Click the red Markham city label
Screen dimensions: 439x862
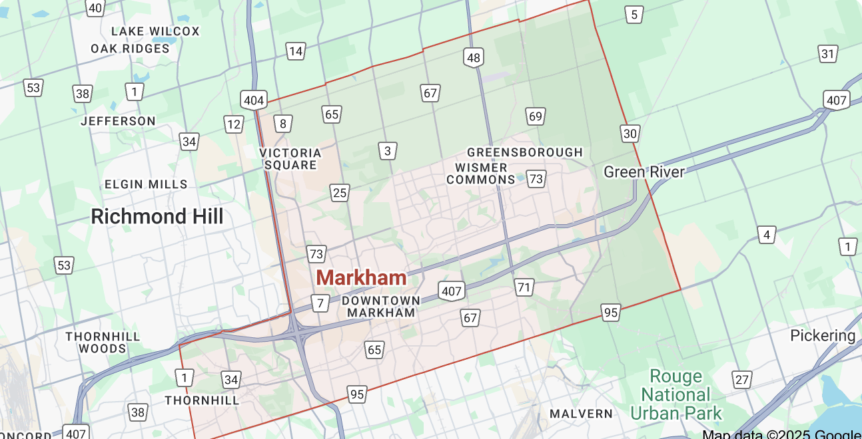pyautogui.click(x=361, y=277)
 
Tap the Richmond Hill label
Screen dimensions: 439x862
pyautogui.click(x=157, y=216)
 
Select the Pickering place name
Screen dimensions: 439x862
pyautogui.click(x=823, y=335)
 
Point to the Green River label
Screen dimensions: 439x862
pyautogui.click(x=644, y=172)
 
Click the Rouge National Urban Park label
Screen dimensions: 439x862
pyautogui.click(x=675, y=394)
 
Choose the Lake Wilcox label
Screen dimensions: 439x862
pyautogui.click(x=155, y=31)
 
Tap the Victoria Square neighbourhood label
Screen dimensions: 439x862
pyautogui.click(x=290, y=158)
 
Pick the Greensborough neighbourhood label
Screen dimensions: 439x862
pyautogui.click(x=525, y=152)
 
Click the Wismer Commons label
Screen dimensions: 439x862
pyautogui.click(x=480, y=173)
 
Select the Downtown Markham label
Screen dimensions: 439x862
pyautogui.click(x=381, y=306)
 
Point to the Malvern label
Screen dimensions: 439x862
pyautogui.click(x=581, y=414)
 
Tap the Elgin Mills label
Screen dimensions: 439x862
pyautogui.click(x=146, y=184)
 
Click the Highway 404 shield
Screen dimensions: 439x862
pyautogui.click(x=254, y=101)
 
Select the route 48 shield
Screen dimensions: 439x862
pyautogui.click(x=474, y=58)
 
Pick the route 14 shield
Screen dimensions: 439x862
pyautogui.click(x=296, y=51)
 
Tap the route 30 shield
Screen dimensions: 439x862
pyautogui.click(x=630, y=134)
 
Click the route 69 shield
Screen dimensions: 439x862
pyautogui.click(x=536, y=116)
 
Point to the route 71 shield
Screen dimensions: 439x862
pyautogui.click(x=524, y=287)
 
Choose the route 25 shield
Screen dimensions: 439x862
pyautogui.click(x=340, y=193)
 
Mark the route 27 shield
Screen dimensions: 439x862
pyautogui.click(x=741, y=379)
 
